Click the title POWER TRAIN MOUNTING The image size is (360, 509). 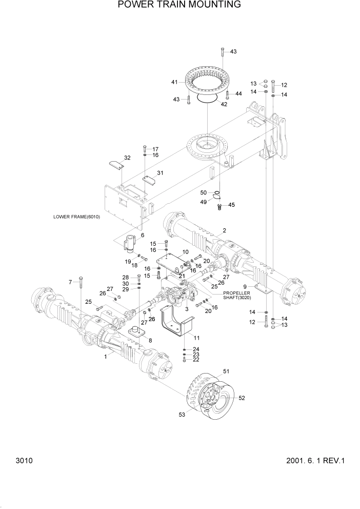[179, 5]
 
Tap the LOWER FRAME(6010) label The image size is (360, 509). [76, 217]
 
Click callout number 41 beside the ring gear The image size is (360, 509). [175, 82]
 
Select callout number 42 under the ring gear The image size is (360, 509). [224, 104]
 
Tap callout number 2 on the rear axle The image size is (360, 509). [224, 231]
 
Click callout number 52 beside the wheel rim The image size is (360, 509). [242, 398]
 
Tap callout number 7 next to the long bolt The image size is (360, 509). [71, 282]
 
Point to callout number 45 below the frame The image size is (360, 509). [231, 205]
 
